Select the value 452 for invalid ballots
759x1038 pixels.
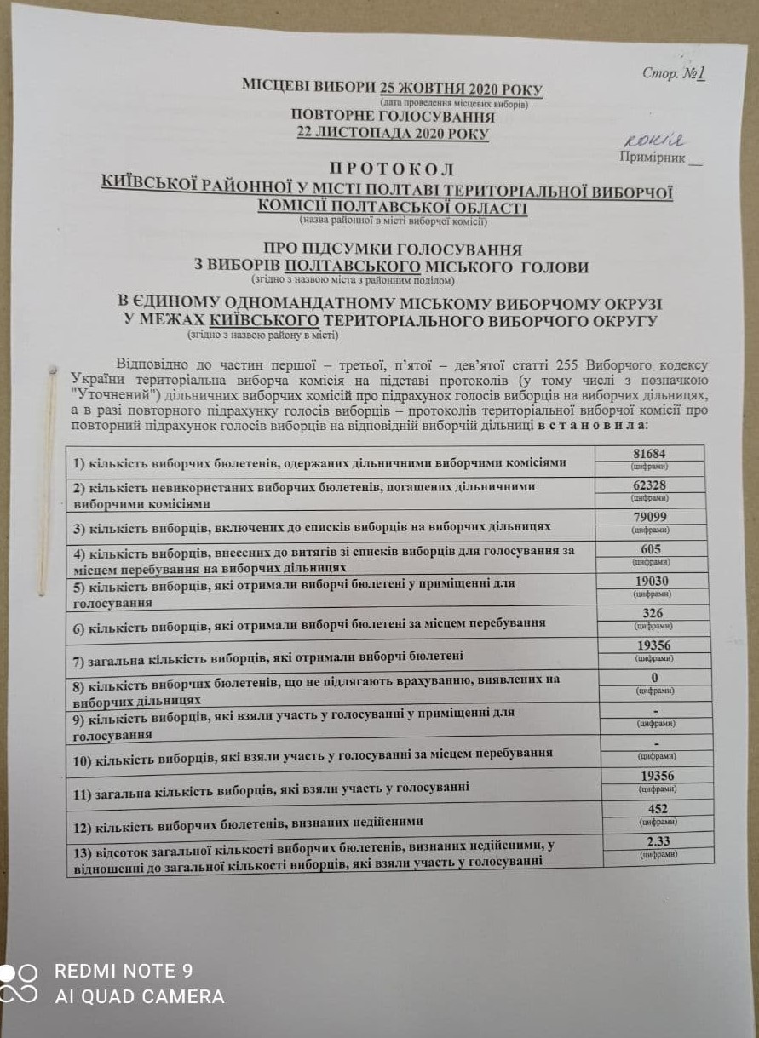click(x=658, y=809)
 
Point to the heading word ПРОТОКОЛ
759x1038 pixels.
click(x=391, y=169)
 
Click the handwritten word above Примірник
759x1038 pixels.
click(x=653, y=141)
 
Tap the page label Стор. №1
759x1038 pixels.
click(x=674, y=74)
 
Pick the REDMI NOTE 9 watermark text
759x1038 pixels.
click(x=124, y=971)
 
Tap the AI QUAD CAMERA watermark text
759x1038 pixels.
click(x=140, y=996)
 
